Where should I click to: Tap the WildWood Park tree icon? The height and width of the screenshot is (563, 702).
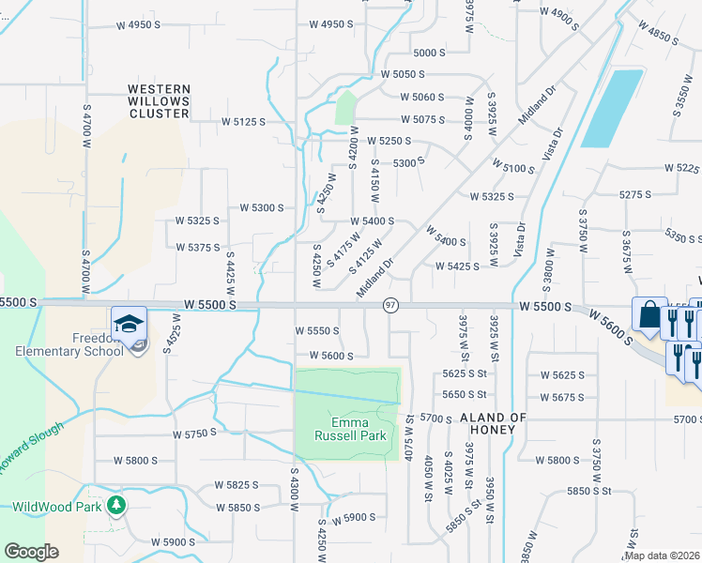pyautogui.click(x=115, y=507)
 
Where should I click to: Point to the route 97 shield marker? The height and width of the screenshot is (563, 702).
pyautogui.click(x=391, y=306)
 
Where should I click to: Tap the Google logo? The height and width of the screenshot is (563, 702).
pyautogui.click(x=31, y=552)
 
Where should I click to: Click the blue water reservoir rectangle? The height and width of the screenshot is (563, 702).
pyautogui.click(x=612, y=108)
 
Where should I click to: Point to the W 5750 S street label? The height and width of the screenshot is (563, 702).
pyautogui.click(x=194, y=434)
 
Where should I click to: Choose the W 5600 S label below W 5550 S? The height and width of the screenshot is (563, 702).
pyautogui.click(x=324, y=356)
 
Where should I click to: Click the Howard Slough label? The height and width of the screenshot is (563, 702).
pyautogui.click(x=31, y=449)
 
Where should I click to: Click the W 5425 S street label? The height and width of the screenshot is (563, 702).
pyautogui.click(x=457, y=266)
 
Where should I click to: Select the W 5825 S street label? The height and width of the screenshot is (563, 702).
pyautogui.click(x=236, y=485)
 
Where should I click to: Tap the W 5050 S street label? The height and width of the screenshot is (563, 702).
pyautogui.click(x=403, y=73)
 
